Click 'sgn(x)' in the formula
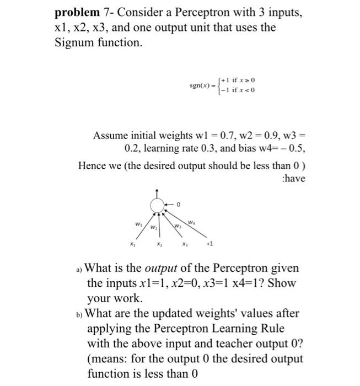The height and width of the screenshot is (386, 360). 202,87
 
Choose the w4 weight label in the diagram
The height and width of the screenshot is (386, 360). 191,222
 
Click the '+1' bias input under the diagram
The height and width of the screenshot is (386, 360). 208,244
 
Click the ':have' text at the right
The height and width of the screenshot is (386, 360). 293,179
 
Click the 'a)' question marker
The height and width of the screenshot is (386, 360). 79,269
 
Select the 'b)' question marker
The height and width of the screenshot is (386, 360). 79,314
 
